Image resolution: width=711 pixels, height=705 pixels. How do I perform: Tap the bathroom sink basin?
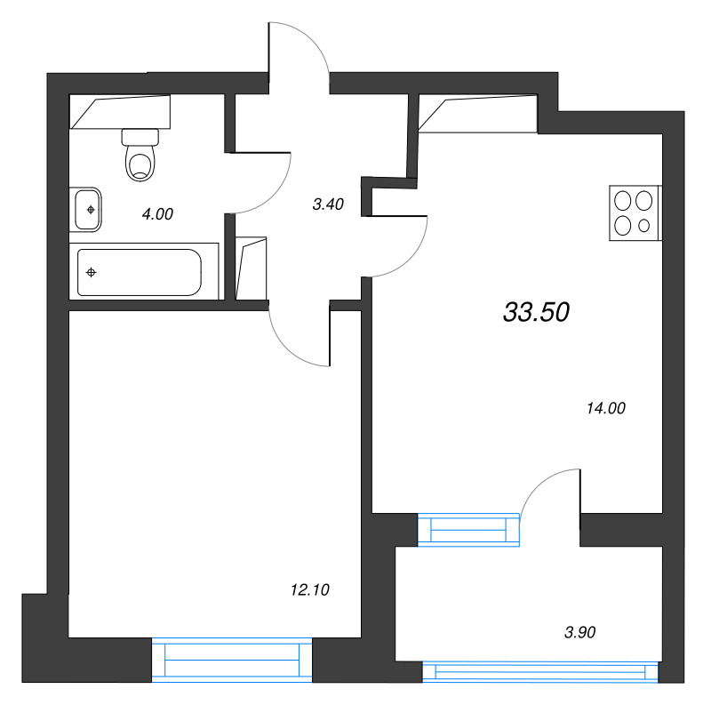click(x=89, y=210)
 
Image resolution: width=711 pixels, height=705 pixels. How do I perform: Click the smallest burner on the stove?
click(x=644, y=226)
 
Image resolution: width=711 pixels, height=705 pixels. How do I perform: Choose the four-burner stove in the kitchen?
click(x=635, y=213)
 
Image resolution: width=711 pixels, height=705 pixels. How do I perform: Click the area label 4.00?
click(x=157, y=213)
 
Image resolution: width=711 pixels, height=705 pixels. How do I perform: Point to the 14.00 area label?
click(x=606, y=408)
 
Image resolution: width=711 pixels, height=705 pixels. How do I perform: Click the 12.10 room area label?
click(x=310, y=589)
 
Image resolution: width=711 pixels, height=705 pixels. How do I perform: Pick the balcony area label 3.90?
click(x=579, y=633)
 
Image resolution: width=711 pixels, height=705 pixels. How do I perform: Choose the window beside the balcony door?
click(x=468, y=530)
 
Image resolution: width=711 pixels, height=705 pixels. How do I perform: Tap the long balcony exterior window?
click(x=542, y=672)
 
